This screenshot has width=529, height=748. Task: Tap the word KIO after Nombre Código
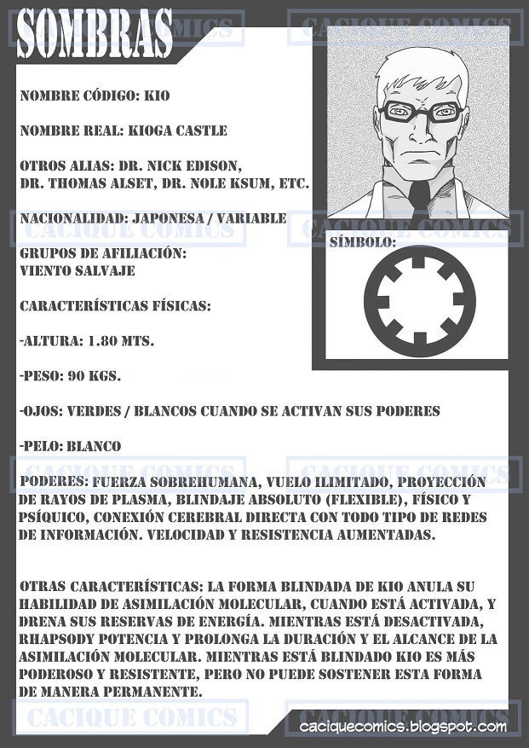[x=158, y=96]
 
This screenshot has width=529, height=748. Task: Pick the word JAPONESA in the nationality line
[x=166, y=218]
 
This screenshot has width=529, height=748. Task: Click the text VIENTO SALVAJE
[x=76, y=270]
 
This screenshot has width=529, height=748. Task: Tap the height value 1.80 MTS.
[x=121, y=340]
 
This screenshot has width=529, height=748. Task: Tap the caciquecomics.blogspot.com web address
[x=403, y=727]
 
